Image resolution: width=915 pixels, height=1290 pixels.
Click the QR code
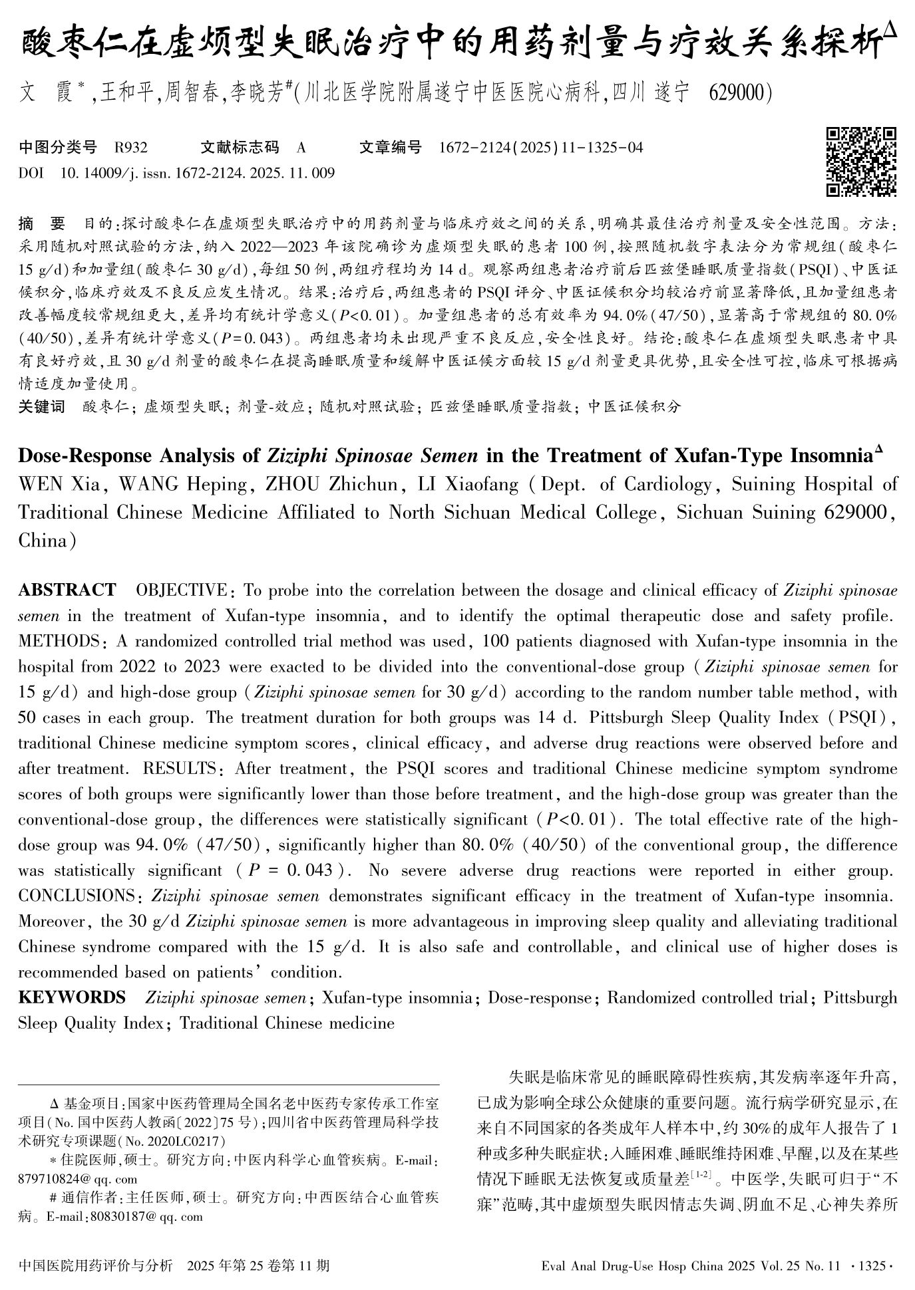pos(861,162)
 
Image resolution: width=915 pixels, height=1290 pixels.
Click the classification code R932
pos(131,147)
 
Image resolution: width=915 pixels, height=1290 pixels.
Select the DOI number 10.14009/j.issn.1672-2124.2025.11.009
pos(197,174)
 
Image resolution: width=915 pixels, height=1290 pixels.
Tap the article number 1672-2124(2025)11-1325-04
pos(541,147)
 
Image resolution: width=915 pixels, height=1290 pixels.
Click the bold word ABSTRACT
pos(67,590)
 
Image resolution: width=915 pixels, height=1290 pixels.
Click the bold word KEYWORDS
pos(72,997)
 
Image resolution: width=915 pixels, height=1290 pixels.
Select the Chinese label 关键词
pos(41,406)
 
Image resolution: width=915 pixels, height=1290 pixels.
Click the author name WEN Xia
pos(60,484)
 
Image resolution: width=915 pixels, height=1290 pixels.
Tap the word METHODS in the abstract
pos(59,642)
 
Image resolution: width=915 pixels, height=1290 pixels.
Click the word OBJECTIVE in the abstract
pos(181,590)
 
